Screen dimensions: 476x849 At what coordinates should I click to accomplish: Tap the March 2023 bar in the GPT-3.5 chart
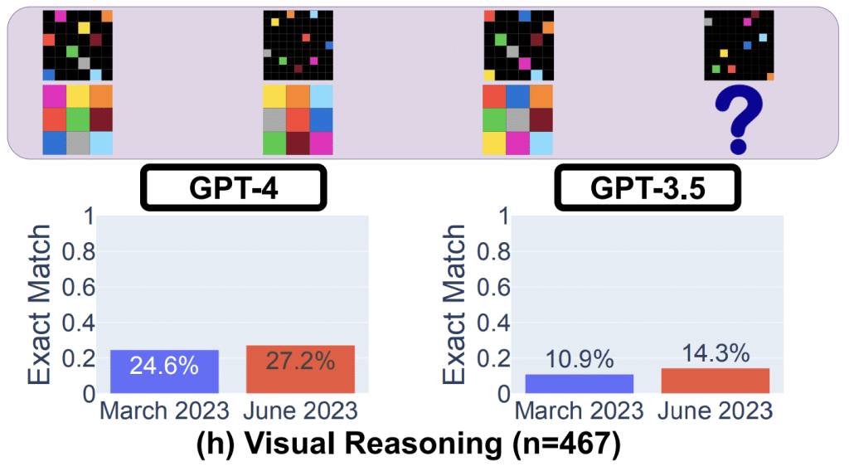pos(579,384)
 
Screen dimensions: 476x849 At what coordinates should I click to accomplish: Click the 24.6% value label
pos(164,365)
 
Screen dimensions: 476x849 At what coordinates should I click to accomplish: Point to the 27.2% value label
pos(300,362)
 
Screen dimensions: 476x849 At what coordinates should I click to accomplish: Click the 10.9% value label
pos(579,360)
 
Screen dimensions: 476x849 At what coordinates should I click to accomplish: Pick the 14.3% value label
pos(715,353)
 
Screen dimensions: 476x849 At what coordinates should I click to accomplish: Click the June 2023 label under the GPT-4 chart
pos(300,410)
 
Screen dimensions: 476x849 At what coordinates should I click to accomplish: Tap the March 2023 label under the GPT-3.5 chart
pos(579,410)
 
